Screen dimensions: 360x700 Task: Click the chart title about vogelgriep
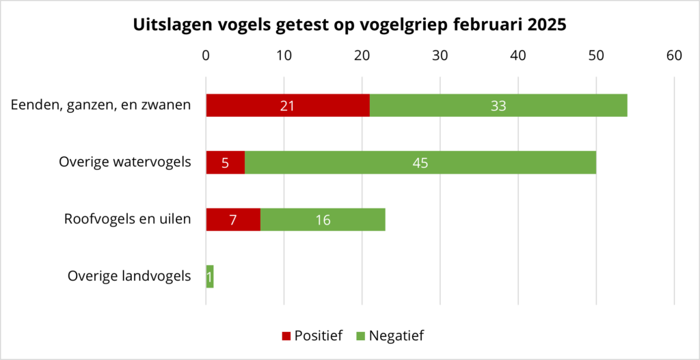(349, 25)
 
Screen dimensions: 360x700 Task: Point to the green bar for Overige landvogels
(210, 276)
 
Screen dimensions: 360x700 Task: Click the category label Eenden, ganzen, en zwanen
(100, 106)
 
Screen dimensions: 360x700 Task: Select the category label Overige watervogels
(124, 163)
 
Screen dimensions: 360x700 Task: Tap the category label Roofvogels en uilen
(127, 219)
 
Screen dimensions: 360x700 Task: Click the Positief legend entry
(312, 335)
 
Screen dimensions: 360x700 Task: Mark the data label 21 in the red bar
(287, 106)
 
